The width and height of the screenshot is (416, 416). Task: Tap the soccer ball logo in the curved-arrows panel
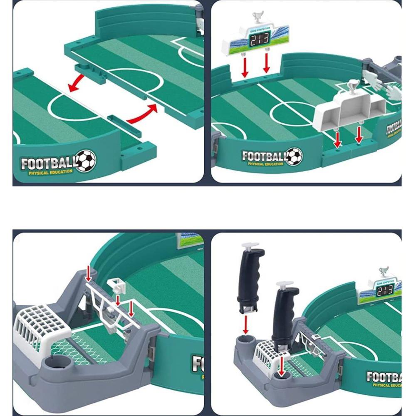click(x=87, y=161)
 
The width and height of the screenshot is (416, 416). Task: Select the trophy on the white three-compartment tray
click(x=353, y=86)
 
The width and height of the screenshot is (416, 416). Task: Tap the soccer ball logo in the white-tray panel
click(x=294, y=156)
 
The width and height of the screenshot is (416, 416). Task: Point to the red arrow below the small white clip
click(x=118, y=300)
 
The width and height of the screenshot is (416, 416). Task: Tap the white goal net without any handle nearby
click(x=42, y=325)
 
